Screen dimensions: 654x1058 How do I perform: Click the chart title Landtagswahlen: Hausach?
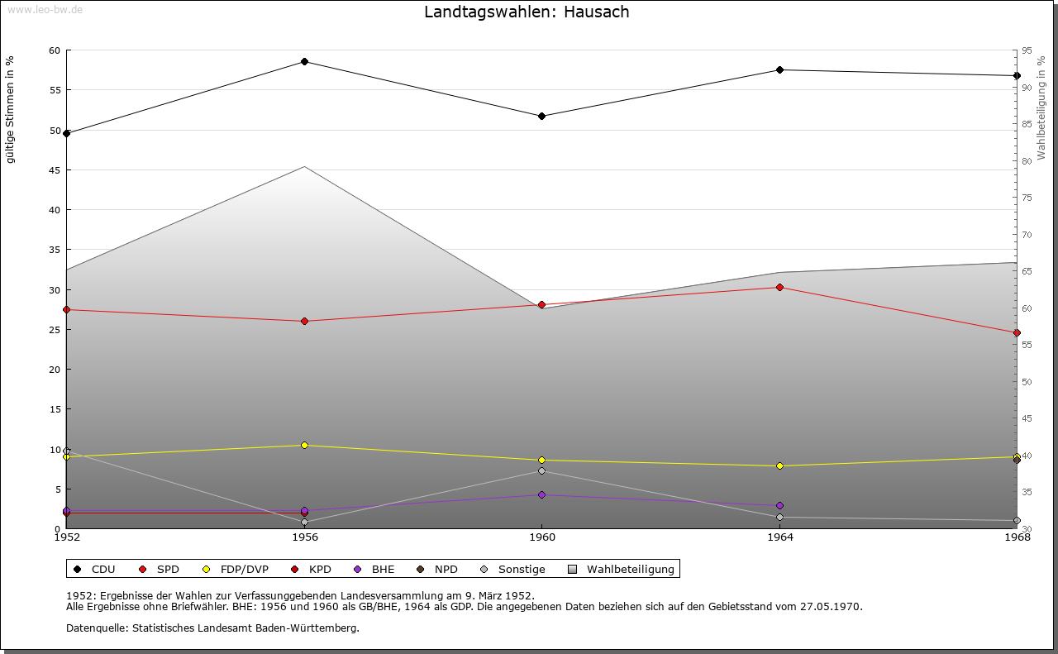(x=527, y=12)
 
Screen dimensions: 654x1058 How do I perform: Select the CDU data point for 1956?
(x=304, y=62)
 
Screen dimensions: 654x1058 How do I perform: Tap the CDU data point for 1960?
(x=541, y=117)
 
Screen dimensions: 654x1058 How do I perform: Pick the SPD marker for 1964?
(x=779, y=288)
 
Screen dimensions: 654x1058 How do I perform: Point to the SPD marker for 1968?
(x=1017, y=333)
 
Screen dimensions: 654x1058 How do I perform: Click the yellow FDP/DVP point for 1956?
(x=304, y=446)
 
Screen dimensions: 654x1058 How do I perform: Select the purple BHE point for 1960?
(x=541, y=495)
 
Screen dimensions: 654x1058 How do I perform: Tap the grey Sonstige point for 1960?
(x=541, y=471)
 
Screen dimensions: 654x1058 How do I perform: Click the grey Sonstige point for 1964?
(x=779, y=518)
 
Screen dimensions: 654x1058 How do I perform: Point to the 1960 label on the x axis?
(x=541, y=537)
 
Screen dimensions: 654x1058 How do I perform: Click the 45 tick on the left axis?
(x=54, y=170)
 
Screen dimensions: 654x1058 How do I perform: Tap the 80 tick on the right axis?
(x=1026, y=161)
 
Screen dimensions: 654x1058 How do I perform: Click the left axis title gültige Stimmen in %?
(x=11, y=109)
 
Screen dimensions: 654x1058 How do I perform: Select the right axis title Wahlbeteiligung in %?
(x=1041, y=108)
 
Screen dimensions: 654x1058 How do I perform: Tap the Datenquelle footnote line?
(x=212, y=628)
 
